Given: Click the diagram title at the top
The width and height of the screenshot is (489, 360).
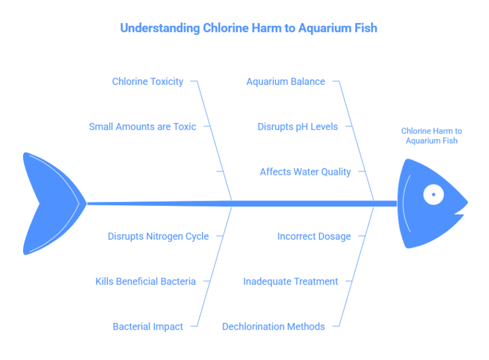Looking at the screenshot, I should coord(249,28).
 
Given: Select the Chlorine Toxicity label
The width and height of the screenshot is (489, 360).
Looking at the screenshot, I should coord(148,81).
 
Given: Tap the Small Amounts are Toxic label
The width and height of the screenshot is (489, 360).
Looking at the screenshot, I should coord(143,127).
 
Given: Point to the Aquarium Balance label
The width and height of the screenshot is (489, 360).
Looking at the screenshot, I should coord(286,81).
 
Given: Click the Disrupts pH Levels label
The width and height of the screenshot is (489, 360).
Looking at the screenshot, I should coord(298,127).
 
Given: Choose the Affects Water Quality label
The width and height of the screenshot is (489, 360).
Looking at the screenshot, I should coord(305,172).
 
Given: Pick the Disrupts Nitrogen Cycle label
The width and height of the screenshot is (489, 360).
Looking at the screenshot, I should coord(158,236).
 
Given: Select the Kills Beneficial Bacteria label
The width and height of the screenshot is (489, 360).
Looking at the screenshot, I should coord(146,281).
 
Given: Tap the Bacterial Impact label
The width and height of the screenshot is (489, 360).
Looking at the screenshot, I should coord(148,327).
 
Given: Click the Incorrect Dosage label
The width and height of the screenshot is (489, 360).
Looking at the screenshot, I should coord(314,236).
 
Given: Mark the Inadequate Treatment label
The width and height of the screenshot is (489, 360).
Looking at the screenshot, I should coord(290,281).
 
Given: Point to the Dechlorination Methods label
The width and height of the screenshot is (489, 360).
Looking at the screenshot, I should coord(273,327).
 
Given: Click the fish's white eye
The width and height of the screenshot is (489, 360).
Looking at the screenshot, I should coord(433,194).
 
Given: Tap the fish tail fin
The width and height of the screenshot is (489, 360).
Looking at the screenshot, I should coord(49,203).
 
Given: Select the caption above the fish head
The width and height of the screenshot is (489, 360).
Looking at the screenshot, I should coord(431,136).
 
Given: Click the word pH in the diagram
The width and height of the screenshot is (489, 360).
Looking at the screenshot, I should coord(300,127).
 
